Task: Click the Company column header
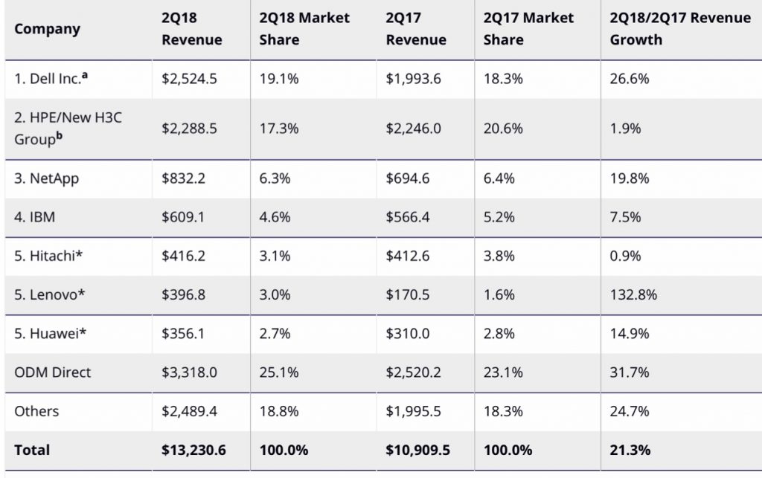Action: [47, 29]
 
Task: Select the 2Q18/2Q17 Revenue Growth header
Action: [680, 29]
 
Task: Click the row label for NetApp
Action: [47, 178]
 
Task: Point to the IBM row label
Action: [35, 217]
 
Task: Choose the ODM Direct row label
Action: [52, 372]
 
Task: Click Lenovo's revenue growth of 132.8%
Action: [633, 294]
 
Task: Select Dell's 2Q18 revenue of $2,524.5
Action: [189, 78]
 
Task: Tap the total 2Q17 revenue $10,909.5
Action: [417, 450]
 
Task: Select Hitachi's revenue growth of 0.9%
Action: [626, 256]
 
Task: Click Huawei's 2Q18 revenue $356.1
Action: [184, 333]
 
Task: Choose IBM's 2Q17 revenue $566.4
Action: [409, 217]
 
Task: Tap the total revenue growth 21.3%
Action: [630, 450]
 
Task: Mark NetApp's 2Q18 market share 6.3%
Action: [275, 178]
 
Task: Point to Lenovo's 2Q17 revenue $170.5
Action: [408, 294]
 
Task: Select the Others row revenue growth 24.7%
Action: [630, 411]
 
